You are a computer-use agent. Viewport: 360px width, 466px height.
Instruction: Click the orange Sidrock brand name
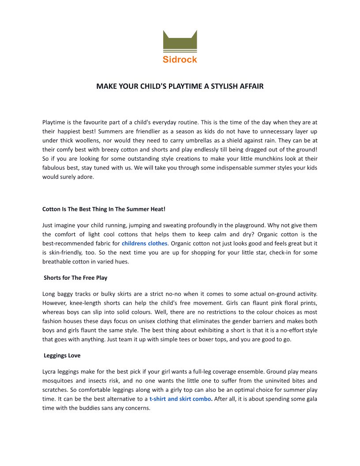(x=180, y=59)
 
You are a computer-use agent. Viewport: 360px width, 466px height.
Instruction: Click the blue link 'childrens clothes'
(x=145, y=244)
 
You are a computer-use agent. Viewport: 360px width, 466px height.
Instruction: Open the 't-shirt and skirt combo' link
(x=180, y=399)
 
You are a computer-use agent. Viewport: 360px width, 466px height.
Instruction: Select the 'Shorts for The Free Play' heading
(x=75, y=278)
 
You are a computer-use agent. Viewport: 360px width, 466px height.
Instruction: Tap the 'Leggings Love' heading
(x=62, y=355)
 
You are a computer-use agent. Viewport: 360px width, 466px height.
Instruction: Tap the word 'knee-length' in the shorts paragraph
(x=87, y=303)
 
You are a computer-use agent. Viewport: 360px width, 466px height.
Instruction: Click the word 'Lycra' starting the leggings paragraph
(x=49, y=372)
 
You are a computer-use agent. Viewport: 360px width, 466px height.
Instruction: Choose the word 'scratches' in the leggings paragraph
(x=55, y=390)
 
